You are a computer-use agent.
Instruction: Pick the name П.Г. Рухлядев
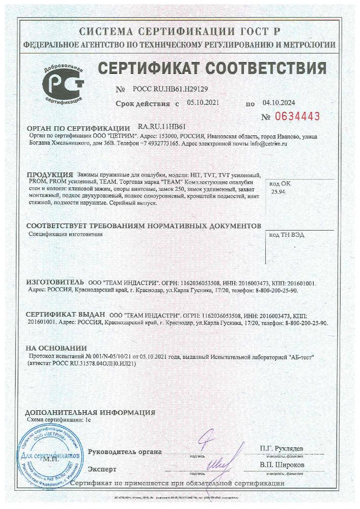coord(281,447)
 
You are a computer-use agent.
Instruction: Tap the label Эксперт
coord(102,469)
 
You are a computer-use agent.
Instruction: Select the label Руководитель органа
coord(125,451)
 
